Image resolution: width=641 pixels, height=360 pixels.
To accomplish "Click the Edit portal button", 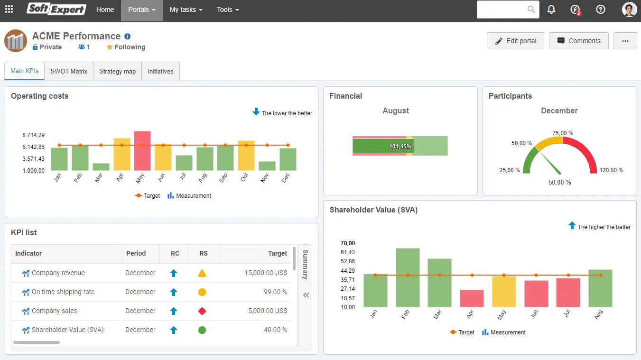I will (515, 41).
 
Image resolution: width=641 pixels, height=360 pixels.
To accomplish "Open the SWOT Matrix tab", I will (69, 71).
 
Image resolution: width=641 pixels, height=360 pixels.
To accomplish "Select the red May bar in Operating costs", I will (142, 151).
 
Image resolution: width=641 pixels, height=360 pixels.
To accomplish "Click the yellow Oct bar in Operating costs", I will (246, 156).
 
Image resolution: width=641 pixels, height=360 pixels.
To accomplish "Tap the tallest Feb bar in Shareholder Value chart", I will (408, 277).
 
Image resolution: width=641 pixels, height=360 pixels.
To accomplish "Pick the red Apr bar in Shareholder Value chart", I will (472, 298).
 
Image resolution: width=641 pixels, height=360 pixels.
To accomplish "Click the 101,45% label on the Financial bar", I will (400, 147).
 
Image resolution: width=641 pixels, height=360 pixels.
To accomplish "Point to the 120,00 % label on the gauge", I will (611, 170).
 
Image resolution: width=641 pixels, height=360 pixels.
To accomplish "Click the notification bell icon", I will (551, 9).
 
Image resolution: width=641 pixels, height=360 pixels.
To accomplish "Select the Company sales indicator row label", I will (54, 311).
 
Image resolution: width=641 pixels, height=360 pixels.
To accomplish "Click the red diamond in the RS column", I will (202, 311).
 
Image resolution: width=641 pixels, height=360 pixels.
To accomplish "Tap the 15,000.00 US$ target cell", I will (266, 273).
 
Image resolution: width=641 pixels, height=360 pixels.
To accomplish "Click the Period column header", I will (136, 253).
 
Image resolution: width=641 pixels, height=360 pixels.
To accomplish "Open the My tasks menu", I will (186, 9).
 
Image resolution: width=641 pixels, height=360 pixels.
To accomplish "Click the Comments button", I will (578, 41).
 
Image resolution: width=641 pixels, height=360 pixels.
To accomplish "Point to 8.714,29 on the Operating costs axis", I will (33, 135).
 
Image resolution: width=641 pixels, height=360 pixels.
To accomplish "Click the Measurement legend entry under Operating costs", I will (189, 196).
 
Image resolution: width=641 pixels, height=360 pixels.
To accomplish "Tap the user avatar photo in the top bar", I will (629, 9).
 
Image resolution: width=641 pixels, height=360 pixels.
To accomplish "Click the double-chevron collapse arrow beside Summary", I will (306, 295).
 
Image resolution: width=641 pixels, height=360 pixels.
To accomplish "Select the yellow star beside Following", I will (110, 47).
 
